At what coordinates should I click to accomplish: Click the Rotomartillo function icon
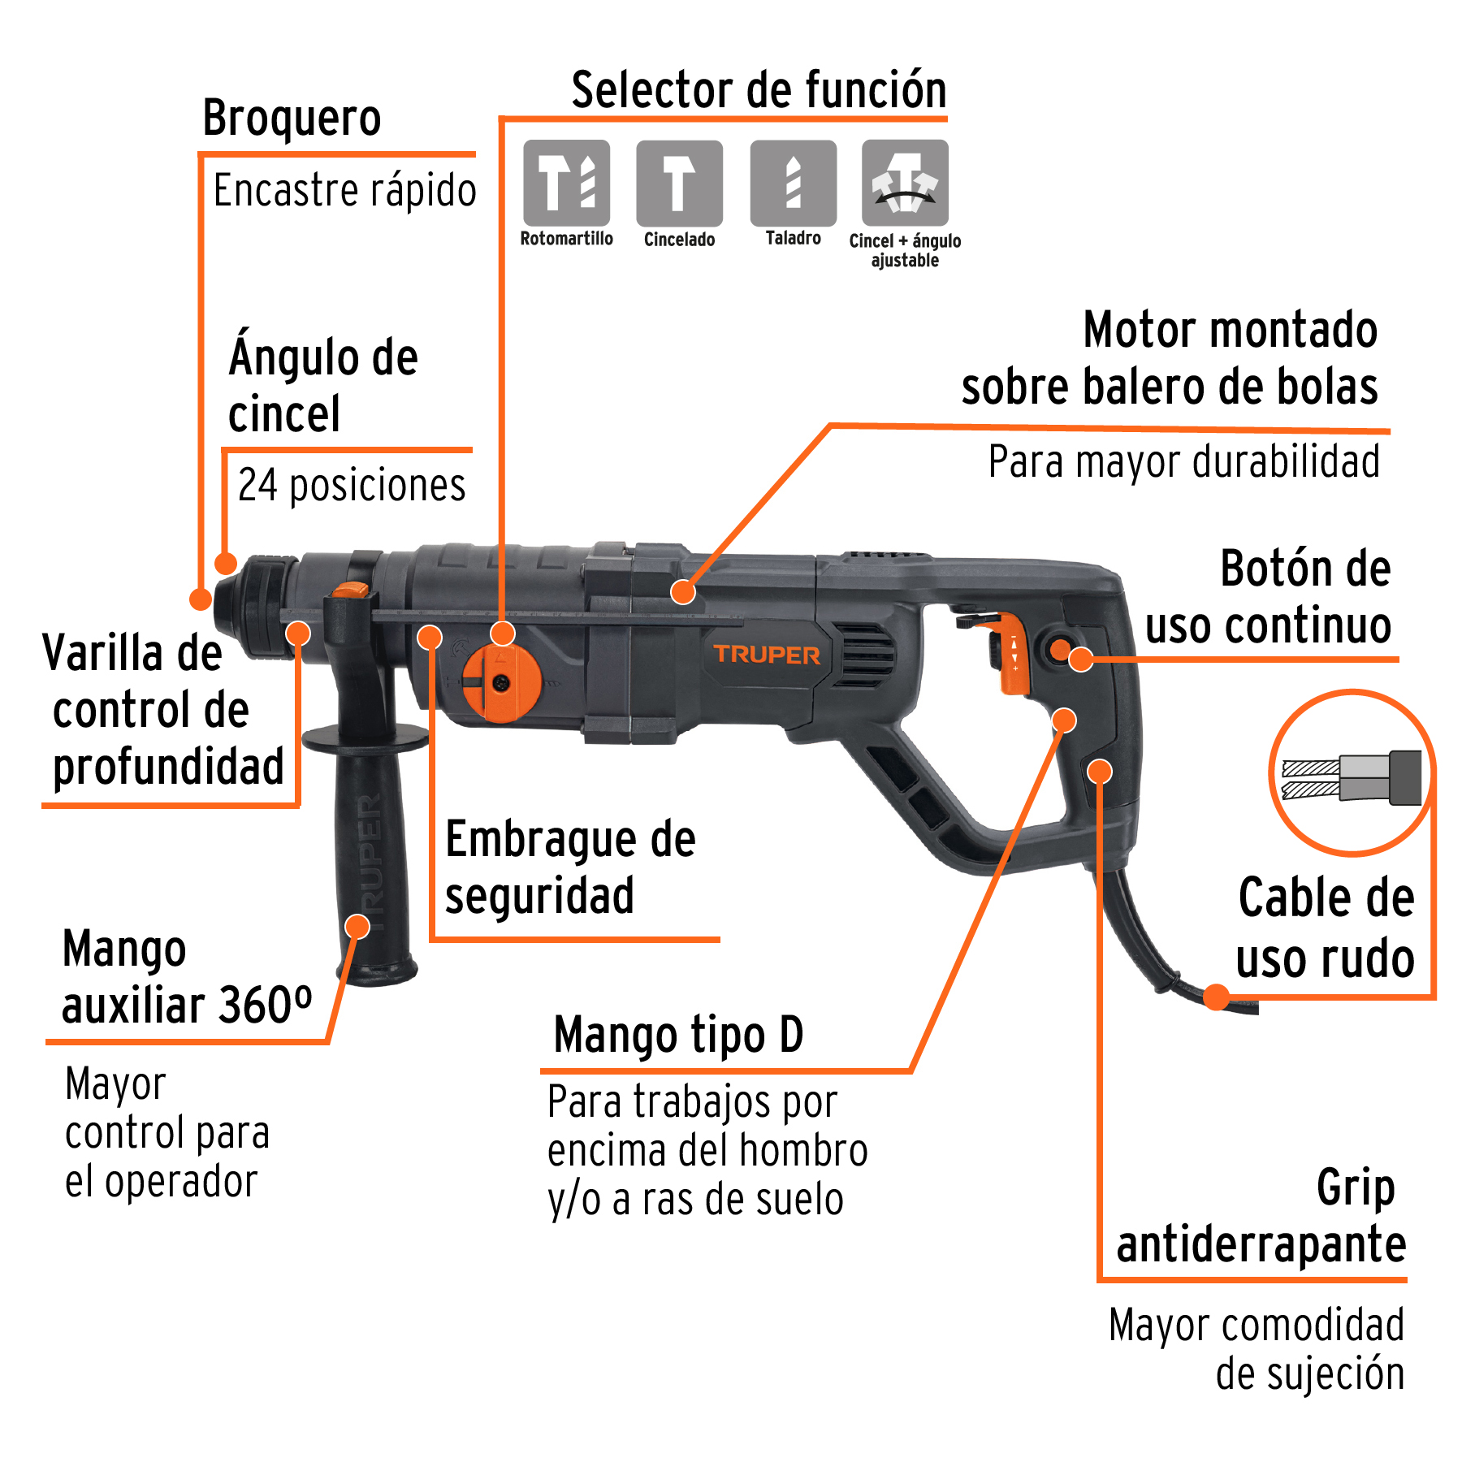point(566,183)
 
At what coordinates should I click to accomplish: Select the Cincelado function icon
point(679,183)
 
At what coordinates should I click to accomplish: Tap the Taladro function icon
point(793,183)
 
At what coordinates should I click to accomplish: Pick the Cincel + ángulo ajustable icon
point(905,183)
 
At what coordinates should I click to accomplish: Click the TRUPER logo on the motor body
point(767,655)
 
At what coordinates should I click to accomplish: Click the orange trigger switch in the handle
point(1013,655)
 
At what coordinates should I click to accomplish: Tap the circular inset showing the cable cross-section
point(1352,773)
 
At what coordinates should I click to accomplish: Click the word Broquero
point(292,119)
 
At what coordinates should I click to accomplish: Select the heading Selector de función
point(759,89)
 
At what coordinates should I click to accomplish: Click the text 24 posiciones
point(352,486)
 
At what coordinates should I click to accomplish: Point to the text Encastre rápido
point(344,192)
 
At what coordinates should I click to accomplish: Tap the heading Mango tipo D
point(678,1035)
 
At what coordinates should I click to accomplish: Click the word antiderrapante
point(1261,1244)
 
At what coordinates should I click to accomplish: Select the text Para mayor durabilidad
point(1183,461)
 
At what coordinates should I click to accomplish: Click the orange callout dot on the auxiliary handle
point(357,926)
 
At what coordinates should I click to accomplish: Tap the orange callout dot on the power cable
point(1216,997)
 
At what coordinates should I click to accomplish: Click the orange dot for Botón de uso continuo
point(1081,659)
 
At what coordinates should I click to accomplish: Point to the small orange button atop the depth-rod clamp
point(352,590)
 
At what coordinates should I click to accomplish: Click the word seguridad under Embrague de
point(539,896)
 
